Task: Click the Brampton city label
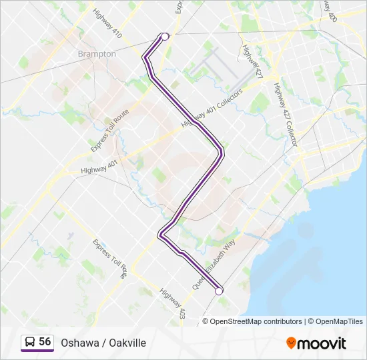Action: tap(97, 54)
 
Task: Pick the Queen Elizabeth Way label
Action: tap(214, 265)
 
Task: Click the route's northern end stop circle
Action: tap(164, 37)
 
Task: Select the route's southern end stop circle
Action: tap(219, 290)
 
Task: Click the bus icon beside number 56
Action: tap(29, 343)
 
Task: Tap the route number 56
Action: tap(45, 342)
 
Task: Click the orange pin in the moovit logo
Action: tap(292, 343)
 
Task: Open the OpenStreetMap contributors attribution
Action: tap(256, 321)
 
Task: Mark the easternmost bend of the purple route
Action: tap(222, 155)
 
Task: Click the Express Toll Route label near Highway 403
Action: tap(110, 259)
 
